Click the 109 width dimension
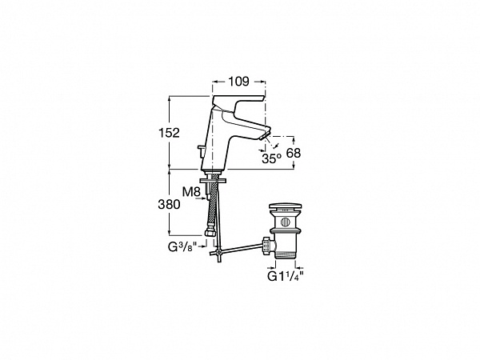click(x=239, y=82)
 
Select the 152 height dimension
click(x=169, y=133)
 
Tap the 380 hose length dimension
click(x=169, y=204)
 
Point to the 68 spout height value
click(x=294, y=153)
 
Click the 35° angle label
click(x=271, y=158)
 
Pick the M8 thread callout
click(x=191, y=192)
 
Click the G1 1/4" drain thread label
click(x=286, y=276)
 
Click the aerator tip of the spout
click(x=265, y=134)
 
